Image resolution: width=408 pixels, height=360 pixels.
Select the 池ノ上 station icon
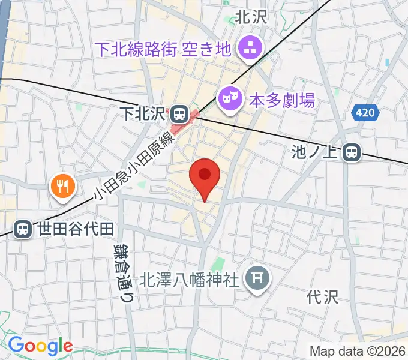point(352,154)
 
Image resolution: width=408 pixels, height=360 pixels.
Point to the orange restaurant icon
point(62,187)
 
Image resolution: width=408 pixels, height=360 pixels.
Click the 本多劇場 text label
point(282,100)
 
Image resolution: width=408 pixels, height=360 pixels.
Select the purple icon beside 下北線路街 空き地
point(248,48)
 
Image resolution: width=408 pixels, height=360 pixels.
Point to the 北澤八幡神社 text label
point(190,280)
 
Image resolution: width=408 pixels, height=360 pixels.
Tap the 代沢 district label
point(323,296)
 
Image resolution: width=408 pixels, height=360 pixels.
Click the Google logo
point(40,346)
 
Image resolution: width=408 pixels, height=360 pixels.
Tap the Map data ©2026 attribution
point(358,352)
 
